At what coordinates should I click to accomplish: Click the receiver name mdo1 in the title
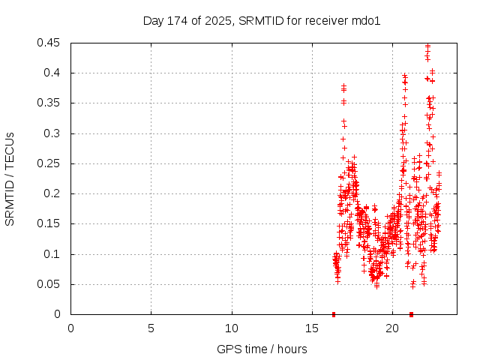coord(367,21)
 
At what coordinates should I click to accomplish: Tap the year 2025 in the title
coord(219,21)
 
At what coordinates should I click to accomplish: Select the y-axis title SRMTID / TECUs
coord(10,178)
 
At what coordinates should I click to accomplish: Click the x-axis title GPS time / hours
coord(262,349)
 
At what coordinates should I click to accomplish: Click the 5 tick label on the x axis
coord(151,328)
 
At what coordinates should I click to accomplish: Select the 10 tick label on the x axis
coord(232,328)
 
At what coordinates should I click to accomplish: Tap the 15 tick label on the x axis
coord(312,328)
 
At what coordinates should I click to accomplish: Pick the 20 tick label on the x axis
coord(392,328)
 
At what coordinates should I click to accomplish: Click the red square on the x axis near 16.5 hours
coord(334,314)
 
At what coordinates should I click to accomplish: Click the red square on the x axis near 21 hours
coord(411,314)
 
